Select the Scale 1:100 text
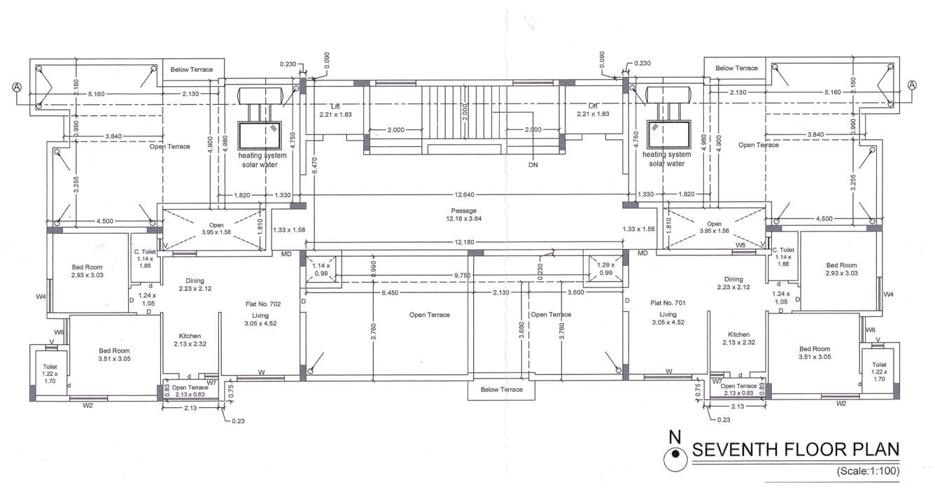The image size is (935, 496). [x=867, y=471]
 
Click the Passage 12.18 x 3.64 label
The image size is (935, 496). [x=463, y=215]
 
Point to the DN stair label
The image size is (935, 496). [x=533, y=164]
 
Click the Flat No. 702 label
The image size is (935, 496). [x=264, y=304]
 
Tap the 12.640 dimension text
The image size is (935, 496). [x=464, y=194]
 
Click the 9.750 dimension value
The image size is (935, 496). [x=463, y=276]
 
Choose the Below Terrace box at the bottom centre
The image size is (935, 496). [x=501, y=389]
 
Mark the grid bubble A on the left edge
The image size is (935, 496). [x=17, y=87]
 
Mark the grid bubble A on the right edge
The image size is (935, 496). [x=912, y=85]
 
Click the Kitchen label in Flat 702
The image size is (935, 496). [x=190, y=336]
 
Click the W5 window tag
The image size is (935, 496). [x=741, y=246]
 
